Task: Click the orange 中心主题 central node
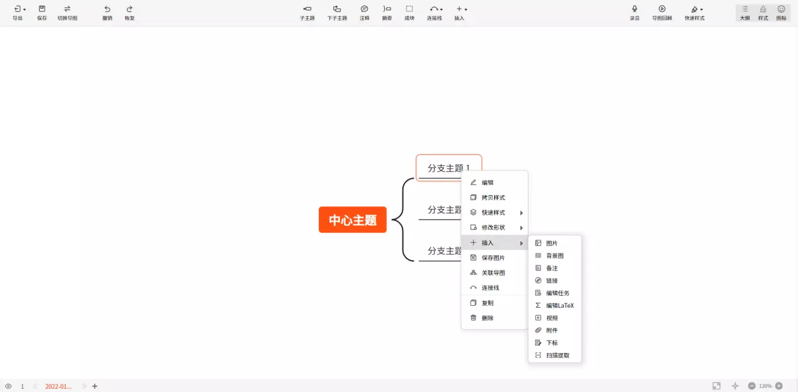[352, 220]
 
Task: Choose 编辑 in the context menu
[487, 182]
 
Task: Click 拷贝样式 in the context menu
[493, 198]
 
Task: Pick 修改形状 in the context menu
[493, 227]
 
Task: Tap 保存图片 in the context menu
[493, 257]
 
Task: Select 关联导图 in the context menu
[493, 272]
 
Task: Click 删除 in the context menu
[487, 318]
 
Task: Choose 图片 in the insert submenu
[551, 243]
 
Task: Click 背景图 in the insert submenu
[554, 255]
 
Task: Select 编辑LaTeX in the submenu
[559, 305]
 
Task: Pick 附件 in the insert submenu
[551, 330]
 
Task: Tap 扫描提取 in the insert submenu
[557, 356]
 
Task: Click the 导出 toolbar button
[18, 13]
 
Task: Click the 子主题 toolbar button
[307, 13]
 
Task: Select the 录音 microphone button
[634, 13]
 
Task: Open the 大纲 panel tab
[744, 13]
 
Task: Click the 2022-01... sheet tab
[58, 386]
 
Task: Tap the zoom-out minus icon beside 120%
[751, 386]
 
